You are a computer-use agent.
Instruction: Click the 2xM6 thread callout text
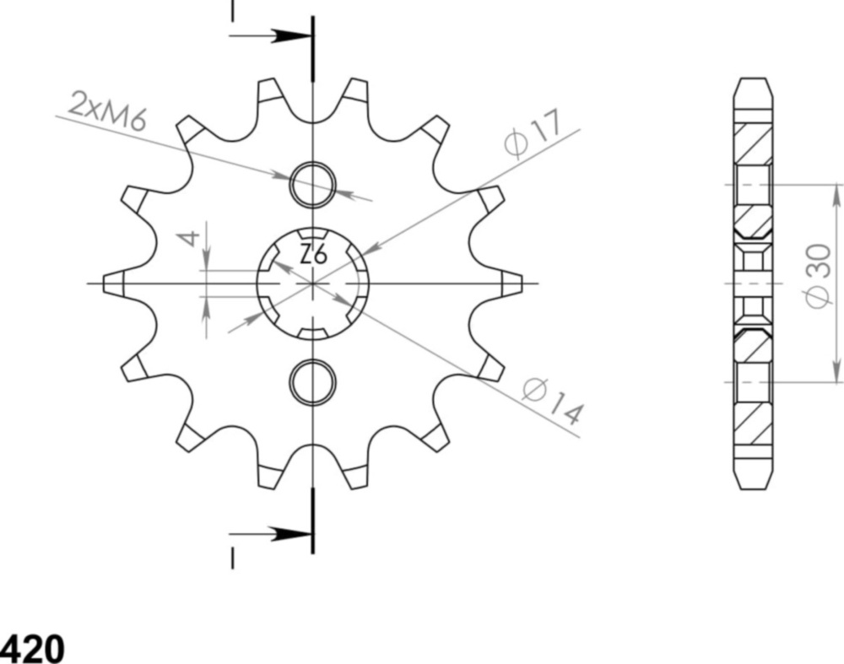[107, 111]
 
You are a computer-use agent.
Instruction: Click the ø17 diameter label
[533, 135]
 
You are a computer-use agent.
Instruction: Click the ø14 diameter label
[553, 402]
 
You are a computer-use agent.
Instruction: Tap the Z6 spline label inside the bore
[313, 253]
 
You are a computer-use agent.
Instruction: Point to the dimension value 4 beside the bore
[192, 237]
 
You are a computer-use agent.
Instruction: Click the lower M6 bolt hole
[313, 381]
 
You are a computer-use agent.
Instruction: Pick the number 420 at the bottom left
[32, 649]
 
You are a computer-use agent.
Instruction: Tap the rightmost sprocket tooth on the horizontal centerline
[511, 283]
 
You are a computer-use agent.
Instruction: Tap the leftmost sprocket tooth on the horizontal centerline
[115, 283]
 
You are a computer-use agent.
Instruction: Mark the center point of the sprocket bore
[313, 283]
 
